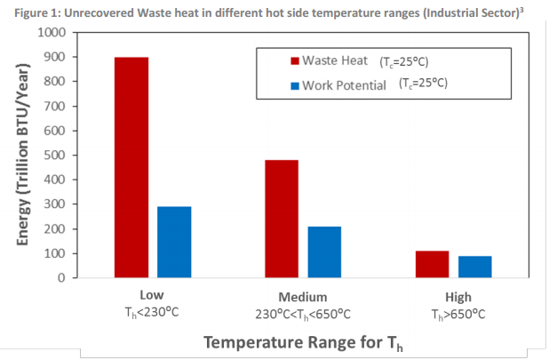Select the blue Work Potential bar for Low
[174, 242]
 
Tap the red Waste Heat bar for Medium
[282, 219]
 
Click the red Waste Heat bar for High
[432, 264]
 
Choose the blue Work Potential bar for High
[475, 267]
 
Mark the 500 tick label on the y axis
[55, 156]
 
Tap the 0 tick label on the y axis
[62, 278]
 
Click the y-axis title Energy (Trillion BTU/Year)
[24, 155]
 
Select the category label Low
[153, 296]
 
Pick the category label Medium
[303, 296]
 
